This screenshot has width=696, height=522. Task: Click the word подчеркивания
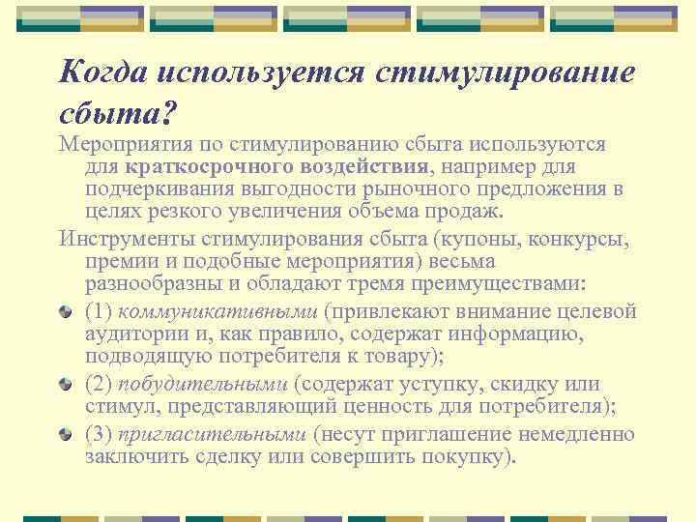click(x=158, y=188)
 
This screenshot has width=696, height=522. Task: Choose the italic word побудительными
click(x=204, y=384)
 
